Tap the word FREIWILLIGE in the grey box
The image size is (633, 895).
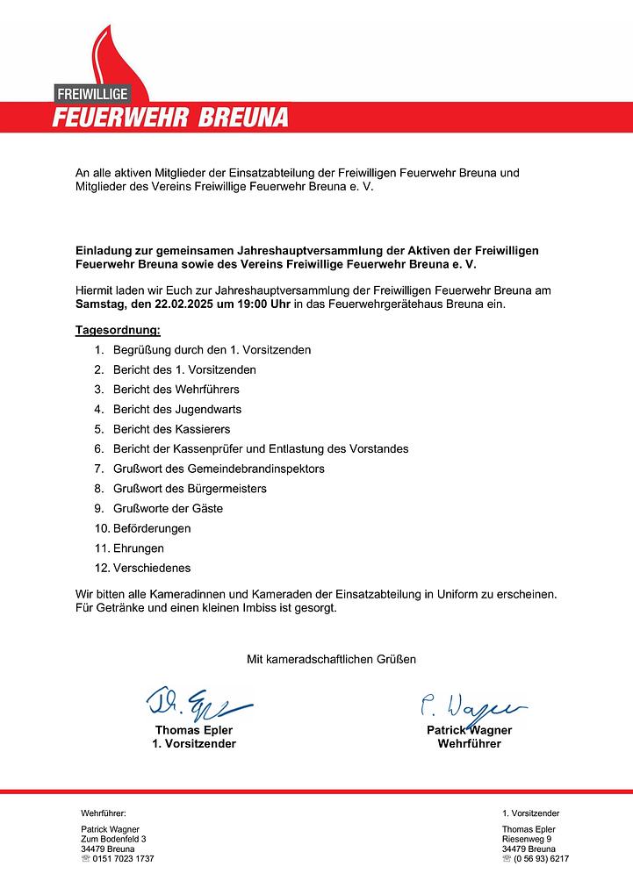point(92,93)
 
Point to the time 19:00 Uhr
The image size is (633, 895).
point(251,304)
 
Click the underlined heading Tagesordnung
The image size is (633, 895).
point(118,330)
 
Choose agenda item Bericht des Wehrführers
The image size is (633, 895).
point(176,389)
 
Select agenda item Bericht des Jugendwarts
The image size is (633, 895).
point(176,409)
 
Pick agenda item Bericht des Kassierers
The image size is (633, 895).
point(171,429)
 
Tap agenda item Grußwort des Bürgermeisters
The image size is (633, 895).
point(190,488)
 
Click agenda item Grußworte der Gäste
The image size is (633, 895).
point(168,508)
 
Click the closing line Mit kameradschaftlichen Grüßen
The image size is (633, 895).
point(331,658)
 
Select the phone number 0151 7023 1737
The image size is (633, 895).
point(123,858)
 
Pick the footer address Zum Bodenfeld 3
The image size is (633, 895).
point(113,839)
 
